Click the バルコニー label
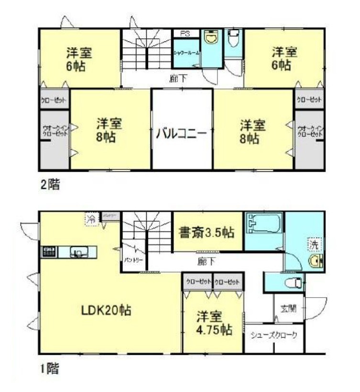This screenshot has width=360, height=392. click(182, 133)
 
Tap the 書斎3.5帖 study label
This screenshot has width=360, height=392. click(207, 233)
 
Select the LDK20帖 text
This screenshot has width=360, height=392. click(106, 310)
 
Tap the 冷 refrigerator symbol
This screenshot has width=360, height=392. click(91, 219)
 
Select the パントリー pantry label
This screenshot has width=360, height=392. click(131, 261)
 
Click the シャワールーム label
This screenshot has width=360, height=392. click(186, 52)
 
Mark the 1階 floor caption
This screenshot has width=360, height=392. click(49, 369)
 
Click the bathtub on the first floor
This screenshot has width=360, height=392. click(264, 224)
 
